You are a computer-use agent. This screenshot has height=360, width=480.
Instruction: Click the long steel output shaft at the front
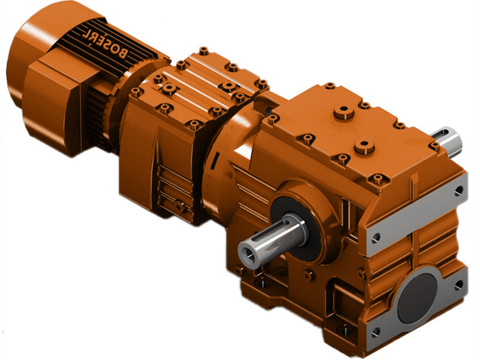pos(272,239)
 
